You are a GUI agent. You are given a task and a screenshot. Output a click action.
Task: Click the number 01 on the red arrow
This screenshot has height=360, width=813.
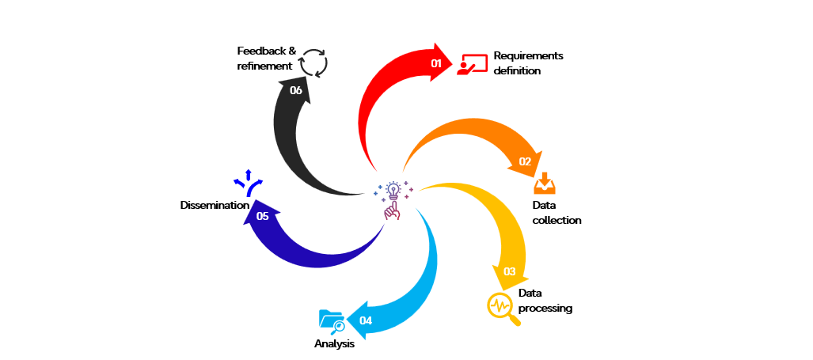point(435,63)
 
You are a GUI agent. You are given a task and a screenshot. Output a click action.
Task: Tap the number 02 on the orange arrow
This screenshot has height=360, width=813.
point(525,161)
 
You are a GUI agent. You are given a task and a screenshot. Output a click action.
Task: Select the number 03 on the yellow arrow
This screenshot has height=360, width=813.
point(510,271)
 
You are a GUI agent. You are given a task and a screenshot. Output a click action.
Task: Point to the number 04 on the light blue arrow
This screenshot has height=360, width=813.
point(365,320)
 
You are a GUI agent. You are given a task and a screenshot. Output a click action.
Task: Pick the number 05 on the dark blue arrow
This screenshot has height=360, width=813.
point(262,215)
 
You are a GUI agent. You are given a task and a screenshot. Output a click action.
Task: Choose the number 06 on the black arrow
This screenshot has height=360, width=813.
point(296,90)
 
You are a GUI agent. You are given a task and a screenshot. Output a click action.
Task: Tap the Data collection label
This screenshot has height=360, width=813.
point(556,213)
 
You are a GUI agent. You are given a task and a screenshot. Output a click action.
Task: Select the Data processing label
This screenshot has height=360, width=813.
point(545,301)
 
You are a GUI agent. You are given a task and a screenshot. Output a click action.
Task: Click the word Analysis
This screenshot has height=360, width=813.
point(334,344)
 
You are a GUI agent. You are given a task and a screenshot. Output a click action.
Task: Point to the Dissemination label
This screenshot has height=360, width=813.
point(215,206)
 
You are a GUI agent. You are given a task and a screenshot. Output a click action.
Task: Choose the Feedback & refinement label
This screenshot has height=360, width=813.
point(267,59)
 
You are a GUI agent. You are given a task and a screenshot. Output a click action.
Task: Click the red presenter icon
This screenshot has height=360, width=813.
point(472,64)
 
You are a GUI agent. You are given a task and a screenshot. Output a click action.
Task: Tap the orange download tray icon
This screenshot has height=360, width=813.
point(545,184)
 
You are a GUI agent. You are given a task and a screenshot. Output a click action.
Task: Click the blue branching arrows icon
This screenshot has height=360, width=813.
point(248,183)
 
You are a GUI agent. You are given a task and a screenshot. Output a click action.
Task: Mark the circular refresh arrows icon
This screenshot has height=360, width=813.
point(314,62)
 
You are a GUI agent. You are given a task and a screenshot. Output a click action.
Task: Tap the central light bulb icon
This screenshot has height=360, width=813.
point(392,199)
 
